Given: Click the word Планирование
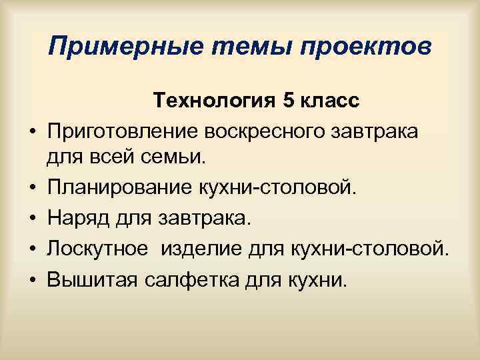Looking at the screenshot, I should point(105,188).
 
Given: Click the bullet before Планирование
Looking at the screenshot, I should point(31,189).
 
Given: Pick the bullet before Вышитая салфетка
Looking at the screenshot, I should point(31,279).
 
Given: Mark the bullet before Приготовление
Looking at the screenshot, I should point(31,133).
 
